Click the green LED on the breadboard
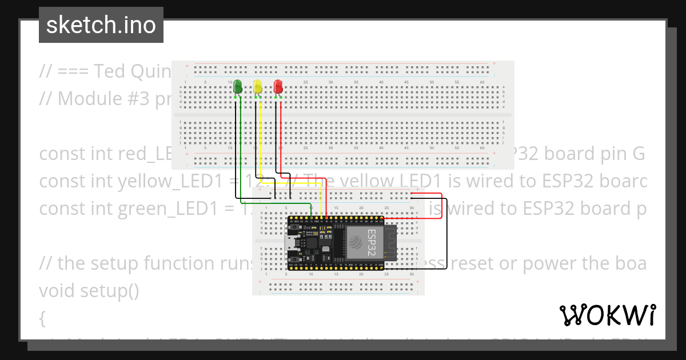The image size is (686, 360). click(x=237, y=87)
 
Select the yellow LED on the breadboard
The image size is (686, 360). click(x=258, y=86)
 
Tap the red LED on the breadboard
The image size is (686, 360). click(x=278, y=86)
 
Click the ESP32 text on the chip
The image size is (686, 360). click(x=372, y=241)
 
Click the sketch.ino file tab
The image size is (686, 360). click(x=101, y=25)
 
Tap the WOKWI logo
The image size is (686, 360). click(x=607, y=315)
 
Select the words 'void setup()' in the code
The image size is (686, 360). click(x=89, y=290)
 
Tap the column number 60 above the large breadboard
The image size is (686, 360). click(x=482, y=83)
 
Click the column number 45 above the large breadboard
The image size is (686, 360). click(x=406, y=83)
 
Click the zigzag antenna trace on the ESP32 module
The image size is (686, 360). click(x=390, y=243)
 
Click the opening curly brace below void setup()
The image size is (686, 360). click(x=42, y=318)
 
